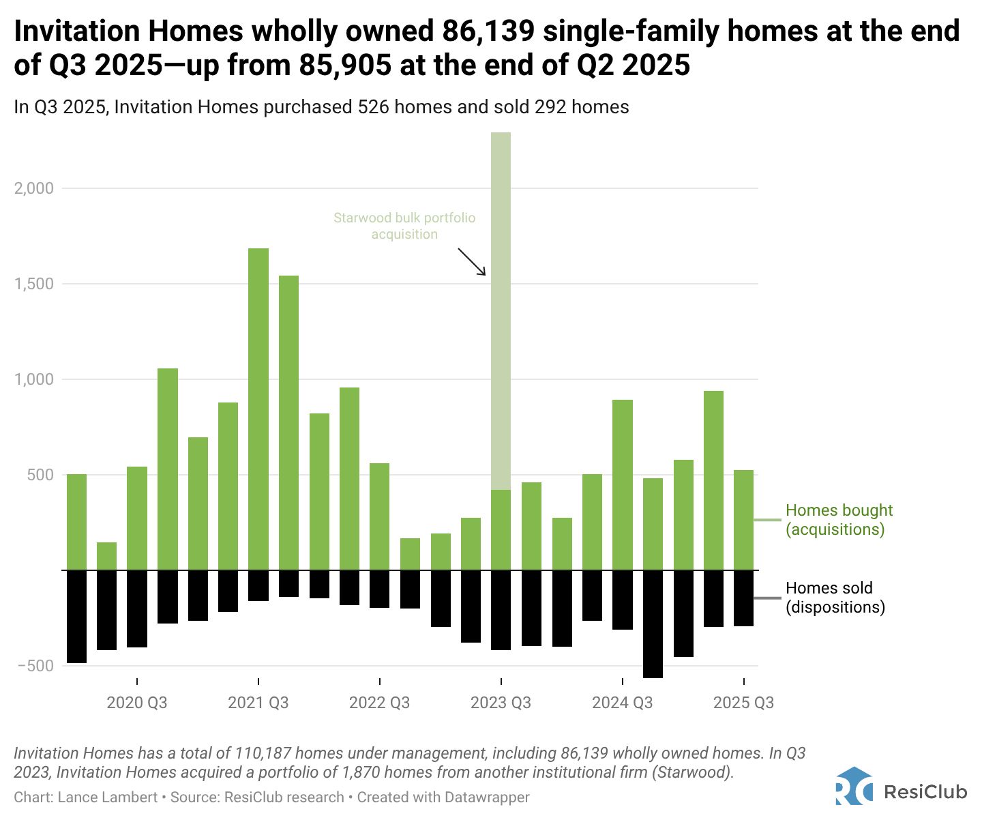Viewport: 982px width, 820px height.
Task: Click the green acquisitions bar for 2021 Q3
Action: point(258,409)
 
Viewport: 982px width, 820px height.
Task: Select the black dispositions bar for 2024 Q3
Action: point(623,599)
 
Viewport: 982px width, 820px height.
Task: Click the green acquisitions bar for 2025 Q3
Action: point(743,519)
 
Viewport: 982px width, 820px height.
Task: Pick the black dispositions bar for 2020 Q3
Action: point(137,608)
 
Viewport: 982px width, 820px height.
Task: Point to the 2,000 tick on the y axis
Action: point(33,188)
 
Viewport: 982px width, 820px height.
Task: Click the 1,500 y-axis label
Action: point(33,284)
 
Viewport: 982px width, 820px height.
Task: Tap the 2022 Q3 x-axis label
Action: point(379,703)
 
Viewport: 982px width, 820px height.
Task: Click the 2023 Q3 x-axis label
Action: point(501,703)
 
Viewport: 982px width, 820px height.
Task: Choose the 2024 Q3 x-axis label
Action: point(622,703)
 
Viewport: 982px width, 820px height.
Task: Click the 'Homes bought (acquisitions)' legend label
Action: point(838,520)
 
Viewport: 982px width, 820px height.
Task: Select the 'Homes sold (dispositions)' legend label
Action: point(835,598)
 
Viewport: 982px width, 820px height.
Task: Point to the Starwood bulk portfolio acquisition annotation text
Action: point(404,226)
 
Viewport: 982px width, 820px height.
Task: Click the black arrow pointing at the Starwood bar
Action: point(472,262)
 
